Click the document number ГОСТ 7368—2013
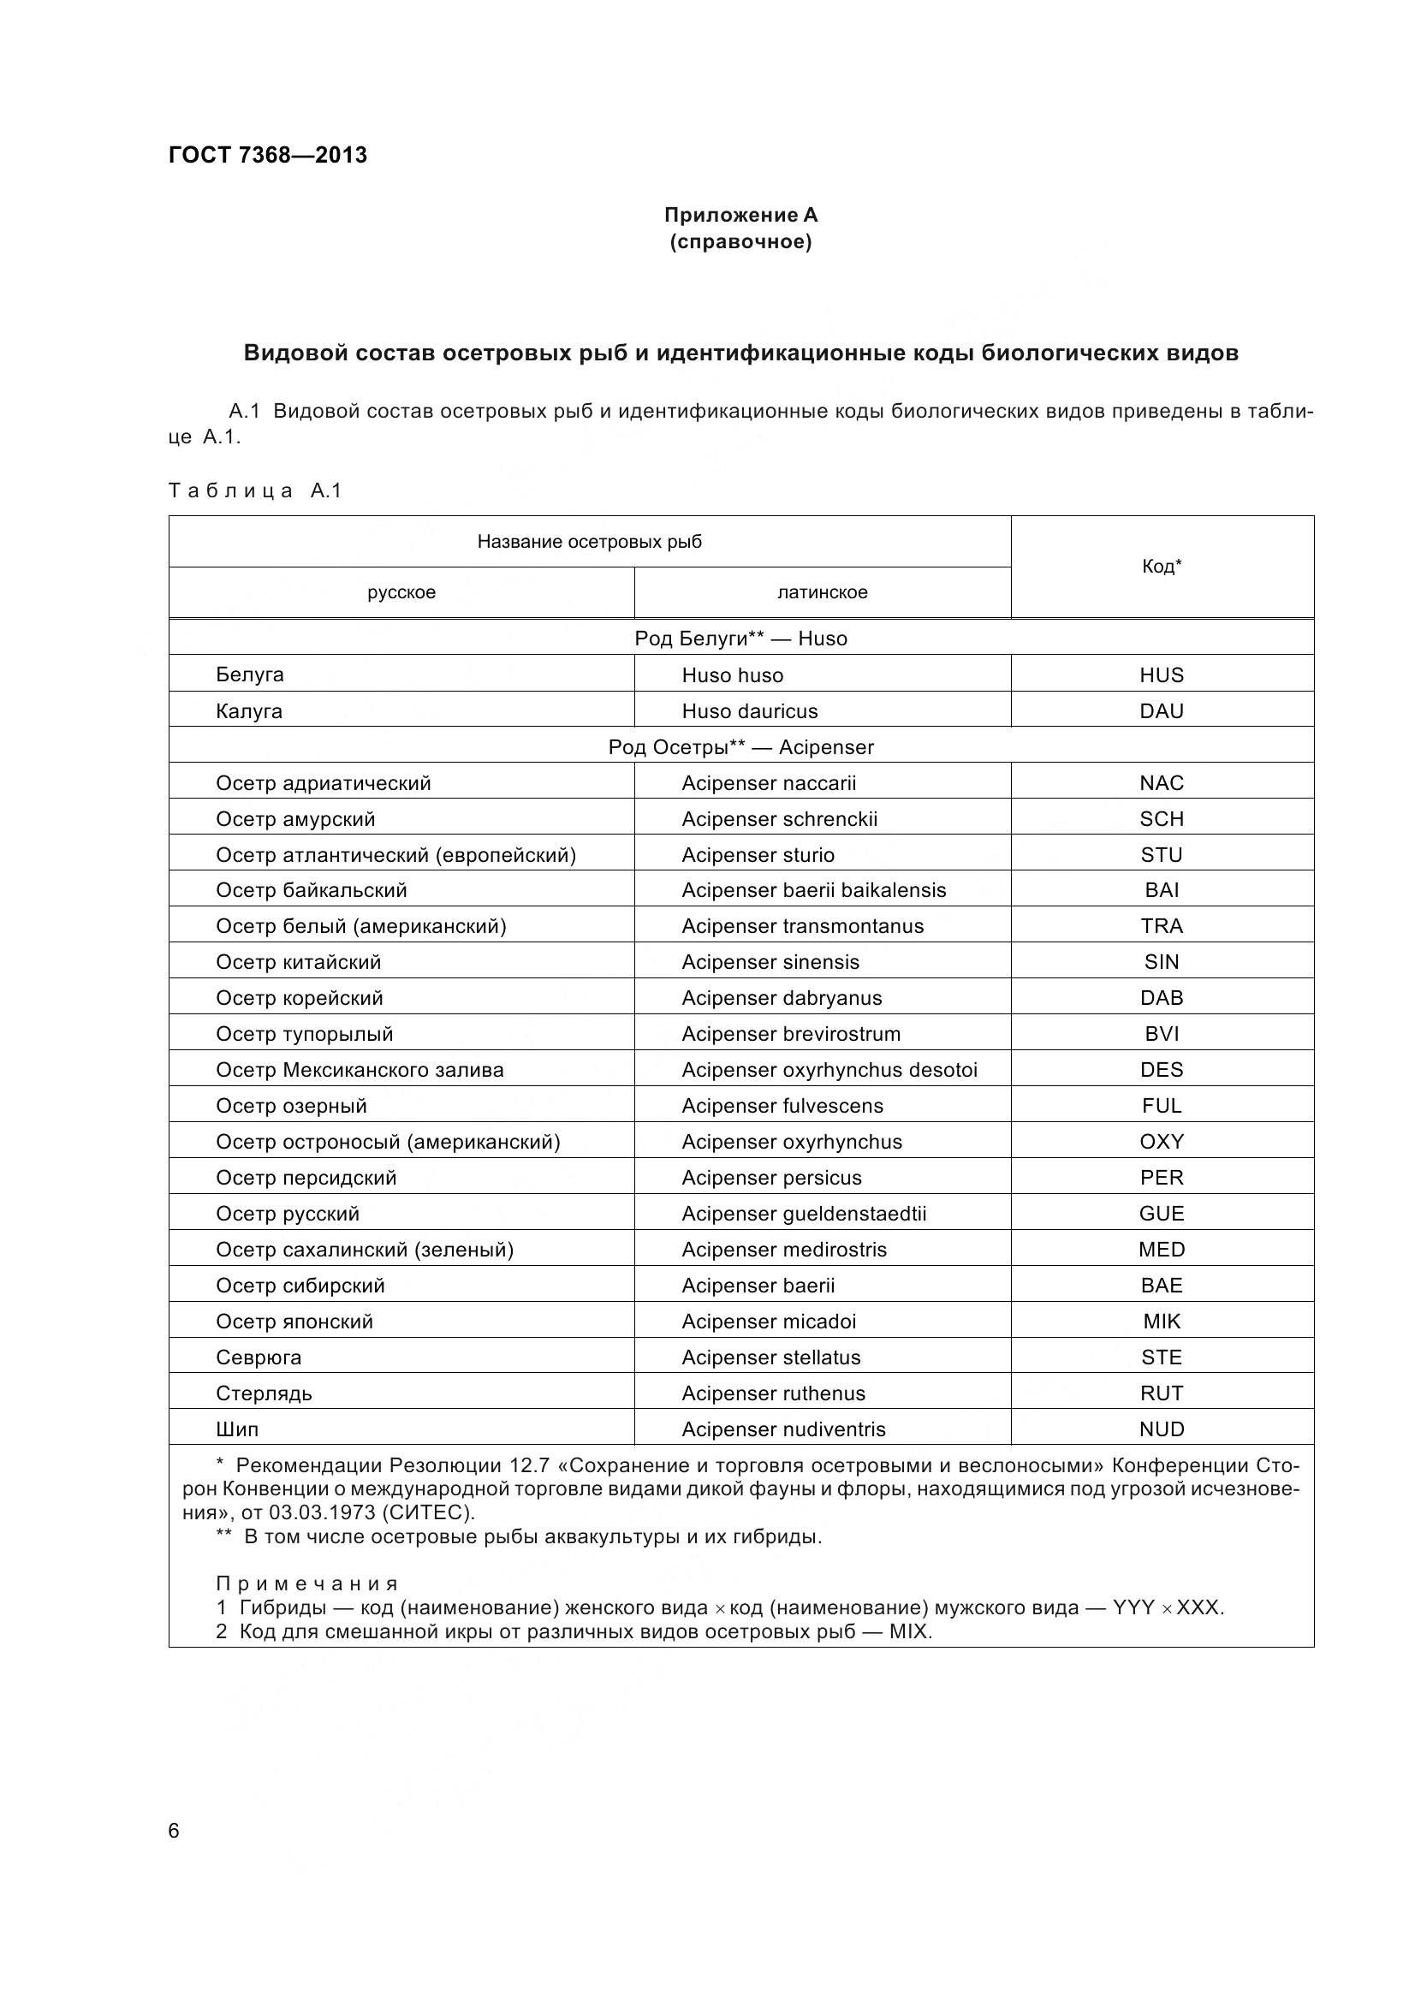coord(268,155)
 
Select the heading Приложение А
coord(740,215)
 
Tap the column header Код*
coord(1162,567)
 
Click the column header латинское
coord(822,593)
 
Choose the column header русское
coord(401,593)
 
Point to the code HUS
coord(1162,674)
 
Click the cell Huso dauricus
coord(750,710)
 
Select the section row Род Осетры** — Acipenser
coord(740,747)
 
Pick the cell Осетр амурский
coord(295,819)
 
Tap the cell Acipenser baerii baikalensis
coord(813,890)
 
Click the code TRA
coord(1162,926)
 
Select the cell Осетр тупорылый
coord(304,1034)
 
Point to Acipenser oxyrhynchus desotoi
coord(829,1070)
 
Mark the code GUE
coord(1162,1214)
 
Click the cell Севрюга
coord(258,1357)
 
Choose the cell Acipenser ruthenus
coord(773,1393)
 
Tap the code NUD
coord(1162,1429)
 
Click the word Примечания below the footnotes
coord(307,1583)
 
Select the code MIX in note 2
coord(909,1631)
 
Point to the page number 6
coord(174,1831)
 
